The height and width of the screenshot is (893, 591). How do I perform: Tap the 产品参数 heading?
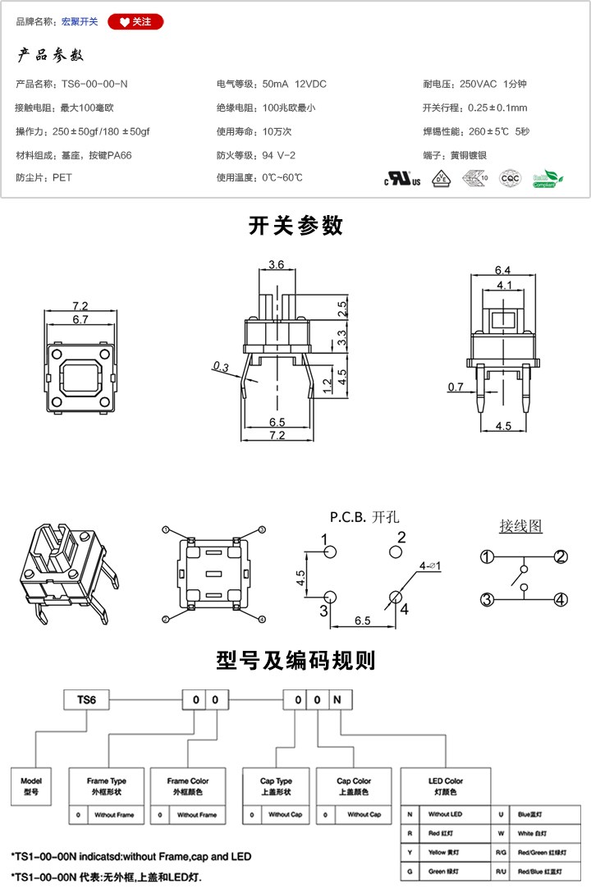click(51, 56)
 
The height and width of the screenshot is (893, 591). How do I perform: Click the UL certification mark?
click(402, 179)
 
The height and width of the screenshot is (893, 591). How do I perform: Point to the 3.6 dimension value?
click(276, 264)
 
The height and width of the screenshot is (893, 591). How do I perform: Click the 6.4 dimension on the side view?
click(503, 270)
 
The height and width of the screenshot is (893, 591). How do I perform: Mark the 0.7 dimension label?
click(456, 386)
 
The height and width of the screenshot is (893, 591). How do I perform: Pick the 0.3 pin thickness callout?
click(220, 365)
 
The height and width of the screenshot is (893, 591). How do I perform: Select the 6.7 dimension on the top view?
click(80, 319)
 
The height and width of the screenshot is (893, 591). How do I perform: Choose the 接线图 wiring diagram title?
click(521, 526)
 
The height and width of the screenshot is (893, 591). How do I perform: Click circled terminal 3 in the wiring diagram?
click(487, 600)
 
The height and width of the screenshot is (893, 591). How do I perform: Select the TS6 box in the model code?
click(87, 700)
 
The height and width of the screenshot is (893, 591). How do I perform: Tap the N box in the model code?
click(341, 700)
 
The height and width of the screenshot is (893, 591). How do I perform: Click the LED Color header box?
click(446, 785)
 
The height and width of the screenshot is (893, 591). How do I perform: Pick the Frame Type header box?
click(108, 785)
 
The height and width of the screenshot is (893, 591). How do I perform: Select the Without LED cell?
click(446, 815)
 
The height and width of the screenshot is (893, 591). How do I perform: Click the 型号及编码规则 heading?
click(295, 660)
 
